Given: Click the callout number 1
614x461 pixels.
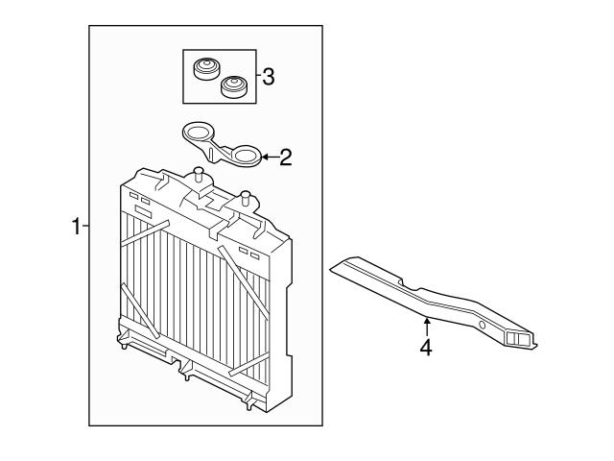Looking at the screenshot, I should pos(76,227).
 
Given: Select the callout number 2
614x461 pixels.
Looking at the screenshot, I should pos(285,158).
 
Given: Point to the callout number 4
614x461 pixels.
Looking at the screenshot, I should pos(426,347).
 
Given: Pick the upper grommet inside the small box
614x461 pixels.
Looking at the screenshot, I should pos(205,69).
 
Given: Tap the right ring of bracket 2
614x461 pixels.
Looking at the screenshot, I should pos(246,157).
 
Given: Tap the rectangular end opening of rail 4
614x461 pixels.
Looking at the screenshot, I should pos(519,337).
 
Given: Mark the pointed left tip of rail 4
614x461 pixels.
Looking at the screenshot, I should pos(331,269).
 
